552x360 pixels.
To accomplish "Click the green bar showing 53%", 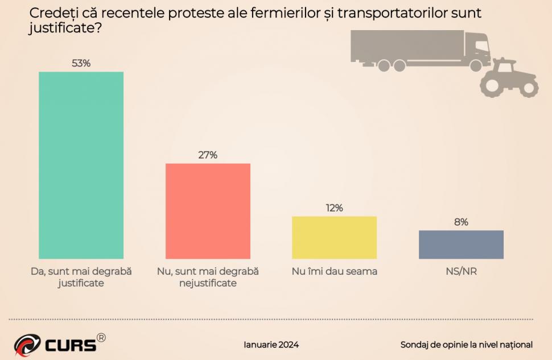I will (x=81, y=165).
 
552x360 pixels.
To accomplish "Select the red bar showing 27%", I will (x=208, y=211).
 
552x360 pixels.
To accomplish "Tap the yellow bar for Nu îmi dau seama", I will (x=334, y=237).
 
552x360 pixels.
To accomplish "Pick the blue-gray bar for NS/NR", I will (x=461, y=245).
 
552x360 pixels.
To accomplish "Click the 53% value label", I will (x=81, y=63).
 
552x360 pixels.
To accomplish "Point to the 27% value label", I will (x=208, y=155).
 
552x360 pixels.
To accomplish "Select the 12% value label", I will (x=334, y=208).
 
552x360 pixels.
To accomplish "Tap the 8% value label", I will (x=461, y=222).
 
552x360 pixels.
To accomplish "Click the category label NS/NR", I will (x=461, y=271).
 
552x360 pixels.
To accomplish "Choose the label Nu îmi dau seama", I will (x=334, y=271).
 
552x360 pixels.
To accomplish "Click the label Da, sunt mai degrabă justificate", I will (x=81, y=277).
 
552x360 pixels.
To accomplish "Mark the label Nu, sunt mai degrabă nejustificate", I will (x=208, y=277).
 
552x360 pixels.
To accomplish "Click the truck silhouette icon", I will (x=418, y=50).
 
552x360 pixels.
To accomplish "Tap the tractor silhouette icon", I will (x=508, y=78).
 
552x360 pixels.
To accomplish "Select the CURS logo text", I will (x=69, y=345).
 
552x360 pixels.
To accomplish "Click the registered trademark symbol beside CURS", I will (x=101, y=337).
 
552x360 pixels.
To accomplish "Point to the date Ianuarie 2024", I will (x=271, y=345).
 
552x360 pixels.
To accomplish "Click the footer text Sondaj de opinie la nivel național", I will (x=466, y=345).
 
